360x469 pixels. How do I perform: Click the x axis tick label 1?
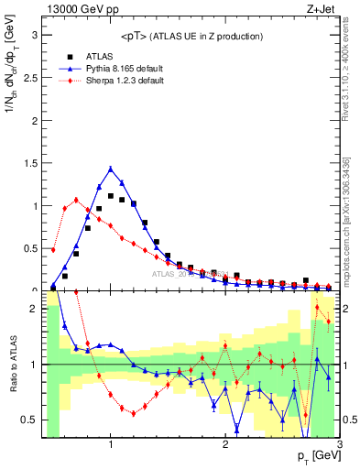[111, 445]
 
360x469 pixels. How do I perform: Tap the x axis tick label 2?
[225, 445]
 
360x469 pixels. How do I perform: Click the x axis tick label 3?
[339, 445]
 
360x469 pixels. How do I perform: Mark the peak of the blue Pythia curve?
[111, 169]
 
